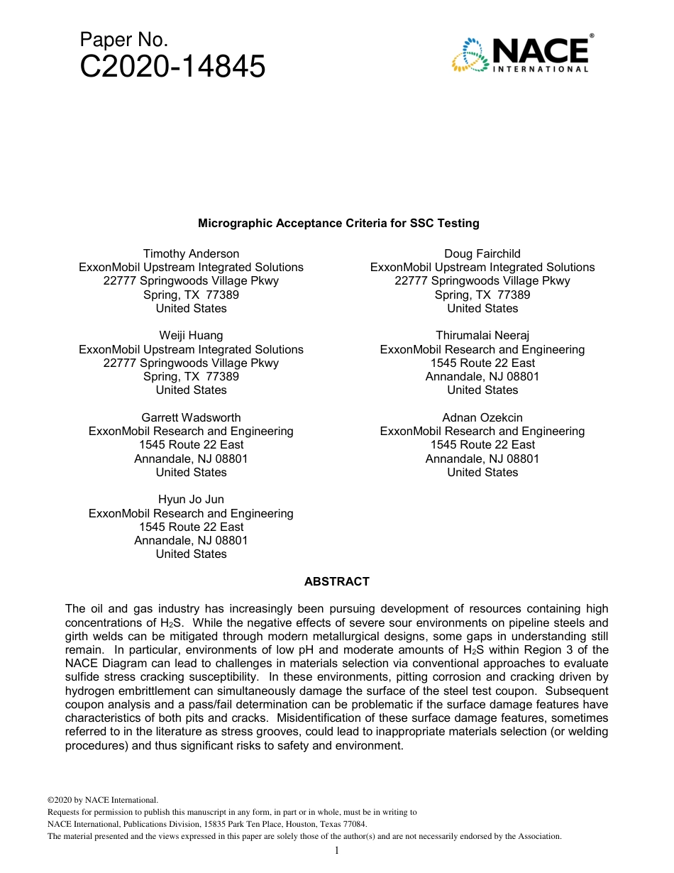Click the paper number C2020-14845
(172, 67)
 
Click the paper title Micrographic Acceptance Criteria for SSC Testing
(338, 223)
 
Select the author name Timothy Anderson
(191, 253)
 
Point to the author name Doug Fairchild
(482, 253)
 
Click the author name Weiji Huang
(191, 335)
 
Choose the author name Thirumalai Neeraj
(482, 335)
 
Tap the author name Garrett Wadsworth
(191, 417)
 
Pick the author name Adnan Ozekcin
(482, 417)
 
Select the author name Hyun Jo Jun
(191, 499)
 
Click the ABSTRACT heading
(337, 581)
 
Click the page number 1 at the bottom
(337, 850)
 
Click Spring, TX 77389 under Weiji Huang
(191, 376)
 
